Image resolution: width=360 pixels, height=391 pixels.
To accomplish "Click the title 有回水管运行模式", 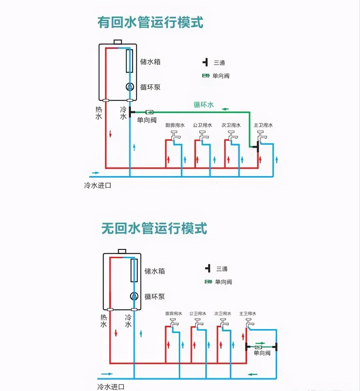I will tap(150, 23).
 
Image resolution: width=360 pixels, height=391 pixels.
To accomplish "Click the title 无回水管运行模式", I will tap(154, 228).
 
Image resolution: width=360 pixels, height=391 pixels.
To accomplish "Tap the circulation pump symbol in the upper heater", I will tap(130, 87).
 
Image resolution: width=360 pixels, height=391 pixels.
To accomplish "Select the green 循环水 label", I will tap(203, 105).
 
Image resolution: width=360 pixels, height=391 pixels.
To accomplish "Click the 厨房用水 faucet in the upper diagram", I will tap(175, 136).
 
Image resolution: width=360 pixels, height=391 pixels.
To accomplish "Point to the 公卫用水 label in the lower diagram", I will tap(198, 313).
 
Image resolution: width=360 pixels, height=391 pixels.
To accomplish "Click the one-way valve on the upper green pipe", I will tap(150, 112).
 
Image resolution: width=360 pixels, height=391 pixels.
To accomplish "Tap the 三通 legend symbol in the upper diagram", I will tap(205, 62).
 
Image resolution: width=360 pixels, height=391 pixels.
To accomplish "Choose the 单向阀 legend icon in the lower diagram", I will tap(208, 282).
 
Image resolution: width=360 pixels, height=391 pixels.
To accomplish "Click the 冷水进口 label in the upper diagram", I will tap(98, 186).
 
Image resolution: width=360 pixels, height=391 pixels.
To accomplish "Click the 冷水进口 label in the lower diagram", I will tap(111, 387).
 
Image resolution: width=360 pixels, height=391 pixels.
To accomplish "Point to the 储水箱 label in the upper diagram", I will tap(150, 62).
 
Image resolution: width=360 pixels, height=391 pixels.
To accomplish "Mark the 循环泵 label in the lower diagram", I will tap(155, 296).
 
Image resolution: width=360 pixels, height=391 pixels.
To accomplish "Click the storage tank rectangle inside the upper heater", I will tap(129, 61).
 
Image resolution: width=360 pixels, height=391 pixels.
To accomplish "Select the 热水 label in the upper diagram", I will tap(99, 113).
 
